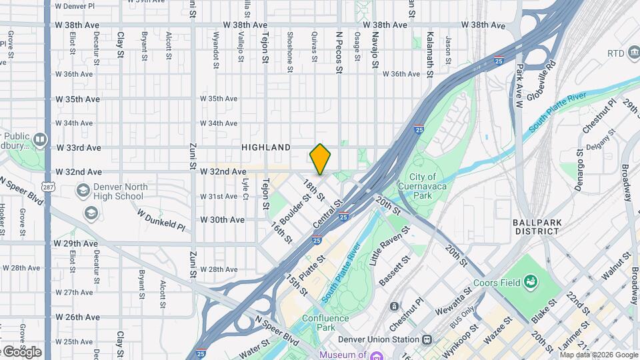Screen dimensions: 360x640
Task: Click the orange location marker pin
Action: click(x=320, y=160)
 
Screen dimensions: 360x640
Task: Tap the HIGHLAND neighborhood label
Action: click(x=266, y=147)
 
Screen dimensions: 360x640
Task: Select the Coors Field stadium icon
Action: click(x=531, y=282)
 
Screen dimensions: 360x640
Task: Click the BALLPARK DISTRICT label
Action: click(x=536, y=227)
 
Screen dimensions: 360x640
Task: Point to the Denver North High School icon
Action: click(x=83, y=191)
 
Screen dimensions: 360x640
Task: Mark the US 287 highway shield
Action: click(x=47, y=186)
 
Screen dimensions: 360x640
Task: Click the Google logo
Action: click(x=21, y=351)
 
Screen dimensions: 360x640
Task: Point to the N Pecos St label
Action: click(x=339, y=51)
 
